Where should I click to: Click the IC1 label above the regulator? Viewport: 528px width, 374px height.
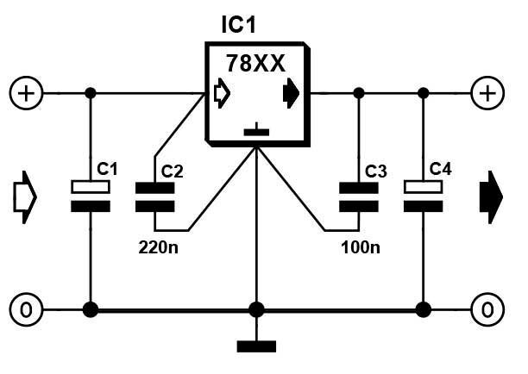pyautogui.click(x=239, y=24)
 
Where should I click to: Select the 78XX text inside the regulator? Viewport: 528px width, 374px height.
pyautogui.click(x=255, y=63)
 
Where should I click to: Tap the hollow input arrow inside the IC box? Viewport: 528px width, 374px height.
pyautogui.click(x=222, y=93)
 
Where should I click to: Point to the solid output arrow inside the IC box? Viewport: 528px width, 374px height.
pyautogui.click(x=291, y=93)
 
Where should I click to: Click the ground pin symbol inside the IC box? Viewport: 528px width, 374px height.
pyautogui.click(x=256, y=130)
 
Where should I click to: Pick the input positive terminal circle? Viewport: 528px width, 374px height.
pyautogui.click(x=26, y=93)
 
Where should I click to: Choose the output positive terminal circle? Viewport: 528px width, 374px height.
pyautogui.click(x=487, y=93)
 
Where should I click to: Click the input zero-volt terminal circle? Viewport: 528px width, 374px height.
pyautogui.click(x=26, y=309)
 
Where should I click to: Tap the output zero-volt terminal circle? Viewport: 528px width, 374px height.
pyautogui.click(x=487, y=309)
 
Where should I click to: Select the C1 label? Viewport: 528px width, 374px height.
pyautogui.click(x=107, y=169)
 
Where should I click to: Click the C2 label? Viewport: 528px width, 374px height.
pyautogui.click(x=172, y=171)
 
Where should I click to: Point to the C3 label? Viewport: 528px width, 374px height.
pyautogui.click(x=376, y=171)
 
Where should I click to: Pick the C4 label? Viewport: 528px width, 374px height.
pyautogui.click(x=441, y=169)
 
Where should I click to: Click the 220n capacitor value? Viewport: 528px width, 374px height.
pyautogui.click(x=158, y=247)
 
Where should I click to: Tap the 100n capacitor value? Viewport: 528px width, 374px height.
pyautogui.click(x=361, y=247)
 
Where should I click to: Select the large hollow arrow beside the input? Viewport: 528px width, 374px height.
pyautogui.click(x=25, y=197)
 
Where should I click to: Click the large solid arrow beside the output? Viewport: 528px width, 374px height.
pyautogui.click(x=491, y=197)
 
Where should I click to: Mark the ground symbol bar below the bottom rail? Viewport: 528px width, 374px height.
pyautogui.click(x=256, y=346)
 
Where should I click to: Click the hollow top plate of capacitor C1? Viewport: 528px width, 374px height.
pyautogui.click(x=91, y=187)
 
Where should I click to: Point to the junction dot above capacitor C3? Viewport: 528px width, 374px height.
pyautogui.click(x=359, y=93)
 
